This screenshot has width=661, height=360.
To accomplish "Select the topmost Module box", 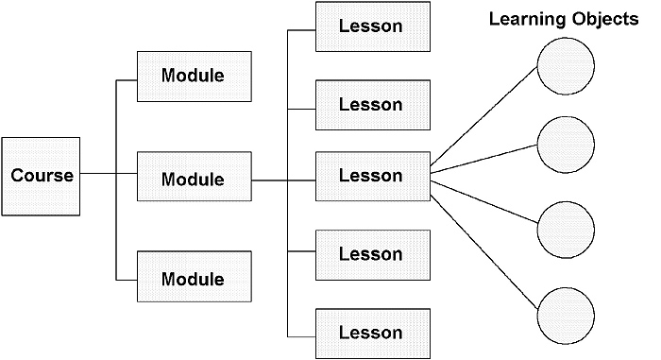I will (194, 76).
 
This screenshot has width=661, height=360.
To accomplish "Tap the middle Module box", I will (194, 177).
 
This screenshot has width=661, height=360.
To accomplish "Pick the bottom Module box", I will (194, 279).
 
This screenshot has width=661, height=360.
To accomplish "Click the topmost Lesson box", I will (370, 26).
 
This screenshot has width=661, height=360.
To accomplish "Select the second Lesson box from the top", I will (370, 104).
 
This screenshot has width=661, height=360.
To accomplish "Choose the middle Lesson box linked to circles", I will (370, 176).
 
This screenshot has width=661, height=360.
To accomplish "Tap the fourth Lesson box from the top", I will (370, 254).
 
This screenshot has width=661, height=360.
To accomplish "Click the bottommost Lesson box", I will (370, 332).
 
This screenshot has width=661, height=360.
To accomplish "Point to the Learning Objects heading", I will (563, 20).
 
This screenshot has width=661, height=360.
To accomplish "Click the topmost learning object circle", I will (566, 70).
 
